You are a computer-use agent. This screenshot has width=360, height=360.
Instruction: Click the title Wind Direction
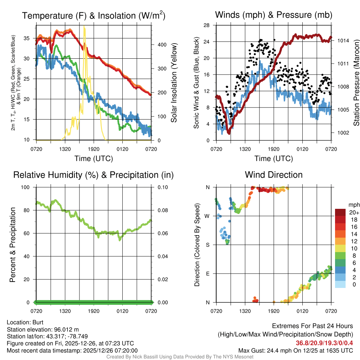click(x=274, y=175)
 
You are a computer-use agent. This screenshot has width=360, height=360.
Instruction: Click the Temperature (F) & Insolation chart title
click(x=94, y=16)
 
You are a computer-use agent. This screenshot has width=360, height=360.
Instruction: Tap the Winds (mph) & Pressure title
click(x=274, y=15)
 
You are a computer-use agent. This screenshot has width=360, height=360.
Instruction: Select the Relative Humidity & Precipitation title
click(x=94, y=175)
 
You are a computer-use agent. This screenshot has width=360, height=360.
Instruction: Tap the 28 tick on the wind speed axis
click(x=207, y=25)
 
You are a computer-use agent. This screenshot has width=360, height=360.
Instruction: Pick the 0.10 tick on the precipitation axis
click(x=162, y=187)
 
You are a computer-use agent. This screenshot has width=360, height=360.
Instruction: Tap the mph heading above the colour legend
click(x=353, y=205)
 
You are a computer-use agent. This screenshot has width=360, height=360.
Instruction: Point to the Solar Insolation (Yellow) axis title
click(x=174, y=83)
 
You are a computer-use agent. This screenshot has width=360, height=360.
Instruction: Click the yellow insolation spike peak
click(x=84, y=27)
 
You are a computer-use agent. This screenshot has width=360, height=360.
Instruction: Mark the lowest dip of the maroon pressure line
click(x=229, y=133)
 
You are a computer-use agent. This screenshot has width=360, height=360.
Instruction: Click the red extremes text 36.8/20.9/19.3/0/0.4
click(x=324, y=343)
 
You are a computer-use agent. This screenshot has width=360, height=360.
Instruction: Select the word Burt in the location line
click(x=38, y=322)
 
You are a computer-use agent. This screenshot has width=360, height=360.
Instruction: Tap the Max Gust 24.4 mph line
click(x=296, y=350)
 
